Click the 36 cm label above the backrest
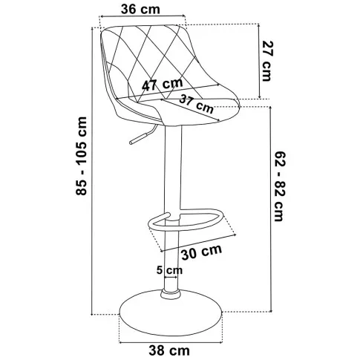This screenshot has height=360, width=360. pyautogui.click(x=140, y=9)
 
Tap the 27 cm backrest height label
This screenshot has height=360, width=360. pyautogui.click(x=267, y=61)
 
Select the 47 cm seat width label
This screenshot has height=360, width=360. pyautogui.click(x=163, y=85)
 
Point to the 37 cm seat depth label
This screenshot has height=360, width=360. pyautogui.click(x=196, y=104)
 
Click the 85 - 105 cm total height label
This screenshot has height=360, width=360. pyautogui.click(x=82, y=156)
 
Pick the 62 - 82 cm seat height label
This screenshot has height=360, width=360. pyautogui.click(x=281, y=186)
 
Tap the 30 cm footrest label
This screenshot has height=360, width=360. pyautogui.click(x=202, y=252)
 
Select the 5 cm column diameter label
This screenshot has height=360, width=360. pyautogui.click(x=169, y=270)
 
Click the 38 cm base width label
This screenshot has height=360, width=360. pyautogui.click(x=169, y=350)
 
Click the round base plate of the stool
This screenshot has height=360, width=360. pyautogui.click(x=171, y=314)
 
